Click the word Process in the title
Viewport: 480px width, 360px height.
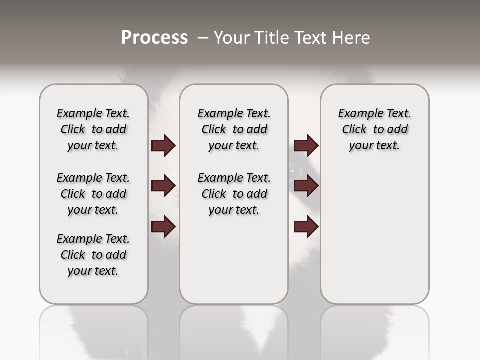pyautogui.click(x=154, y=38)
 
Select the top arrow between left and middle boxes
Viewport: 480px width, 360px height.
pyautogui.click(x=163, y=146)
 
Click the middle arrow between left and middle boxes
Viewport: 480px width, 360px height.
pyautogui.click(x=163, y=186)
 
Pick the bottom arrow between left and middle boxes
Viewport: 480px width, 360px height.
pyautogui.click(x=163, y=226)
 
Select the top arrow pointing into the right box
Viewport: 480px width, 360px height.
pyautogui.click(x=306, y=146)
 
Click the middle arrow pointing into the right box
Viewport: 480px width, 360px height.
pyautogui.click(x=306, y=186)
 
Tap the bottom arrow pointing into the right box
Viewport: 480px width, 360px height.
pyautogui.click(x=306, y=227)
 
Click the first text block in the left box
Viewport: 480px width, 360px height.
pyautogui.click(x=93, y=129)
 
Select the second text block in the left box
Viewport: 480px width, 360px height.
pyautogui.click(x=93, y=194)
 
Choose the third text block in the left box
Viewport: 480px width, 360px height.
pyautogui.click(x=93, y=255)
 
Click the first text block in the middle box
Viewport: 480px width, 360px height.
pyautogui.click(x=234, y=129)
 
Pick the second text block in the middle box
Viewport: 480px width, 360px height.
pyautogui.click(x=234, y=194)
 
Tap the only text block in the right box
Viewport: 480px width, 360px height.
pyautogui.click(x=374, y=129)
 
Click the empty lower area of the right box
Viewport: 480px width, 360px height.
pyautogui.click(x=374, y=240)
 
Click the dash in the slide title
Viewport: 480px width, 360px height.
pyautogui.click(x=203, y=38)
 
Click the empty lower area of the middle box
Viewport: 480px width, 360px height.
pyautogui.click(x=234, y=260)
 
